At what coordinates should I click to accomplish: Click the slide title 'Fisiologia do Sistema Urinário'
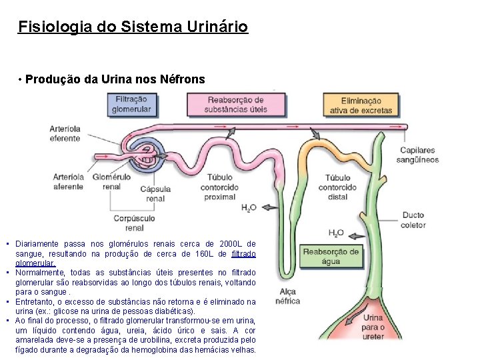pyautogui.click(x=133, y=27)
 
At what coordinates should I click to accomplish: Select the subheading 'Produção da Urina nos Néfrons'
pyautogui.click(x=115, y=79)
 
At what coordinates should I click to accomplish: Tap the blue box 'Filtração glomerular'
pyautogui.click(x=131, y=104)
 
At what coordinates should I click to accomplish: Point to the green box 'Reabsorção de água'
pyautogui.click(x=330, y=256)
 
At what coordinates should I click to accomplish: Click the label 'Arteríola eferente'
pyautogui.click(x=65, y=133)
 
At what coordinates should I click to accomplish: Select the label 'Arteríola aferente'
pyautogui.click(x=68, y=181)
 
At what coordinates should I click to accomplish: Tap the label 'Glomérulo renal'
pyautogui.click(x=111, y=181)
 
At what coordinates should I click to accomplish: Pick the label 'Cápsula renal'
pyautogui.click(x=155, y=193)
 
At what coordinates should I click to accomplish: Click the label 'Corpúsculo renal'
pyautogui.click(x=133, y=223)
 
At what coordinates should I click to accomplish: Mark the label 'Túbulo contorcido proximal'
pyautogui.click(x=220, y=187)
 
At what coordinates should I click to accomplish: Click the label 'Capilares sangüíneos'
pyautogui.click(x=417, y=155)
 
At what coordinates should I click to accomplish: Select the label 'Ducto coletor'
pyautogui.click(x=413, y=220)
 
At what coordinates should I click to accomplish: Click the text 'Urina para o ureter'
pyautogui.click(x=373, y=327)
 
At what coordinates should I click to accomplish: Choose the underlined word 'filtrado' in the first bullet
pyautogui.click(x=243, y=254)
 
